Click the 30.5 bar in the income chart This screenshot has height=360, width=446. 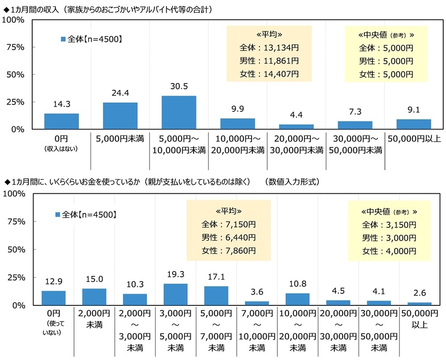point(179,113)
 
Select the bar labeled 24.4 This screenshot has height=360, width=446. point(120,116)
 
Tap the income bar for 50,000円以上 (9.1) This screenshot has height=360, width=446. point(414,124)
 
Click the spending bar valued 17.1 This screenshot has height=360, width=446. point(216,295)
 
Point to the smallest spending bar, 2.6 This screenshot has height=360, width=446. point(420,303)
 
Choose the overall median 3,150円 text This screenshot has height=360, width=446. point(389,224)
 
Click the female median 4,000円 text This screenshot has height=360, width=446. point(389,251)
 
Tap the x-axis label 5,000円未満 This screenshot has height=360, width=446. point(120,139)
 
